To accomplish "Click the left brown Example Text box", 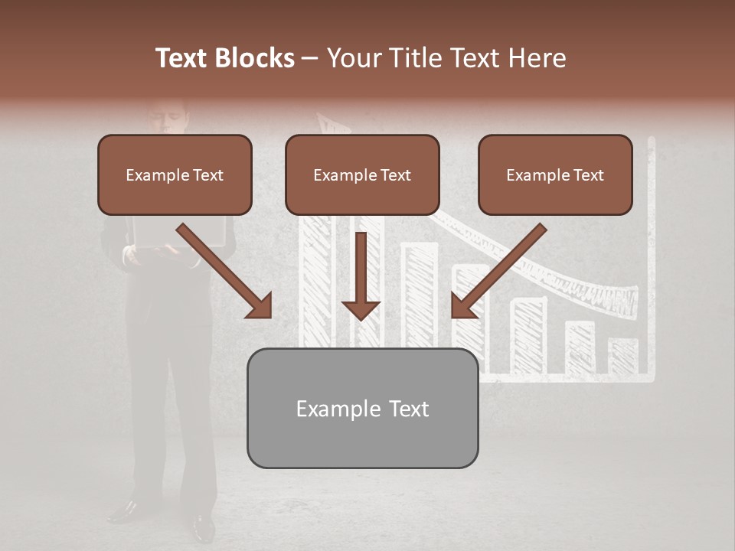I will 175,174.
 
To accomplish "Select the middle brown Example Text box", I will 362,174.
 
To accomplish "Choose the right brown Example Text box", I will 555,174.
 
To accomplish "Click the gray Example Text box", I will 362,408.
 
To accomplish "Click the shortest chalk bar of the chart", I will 623,356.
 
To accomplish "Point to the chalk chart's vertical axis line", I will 652,260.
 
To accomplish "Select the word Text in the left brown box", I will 208,175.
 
